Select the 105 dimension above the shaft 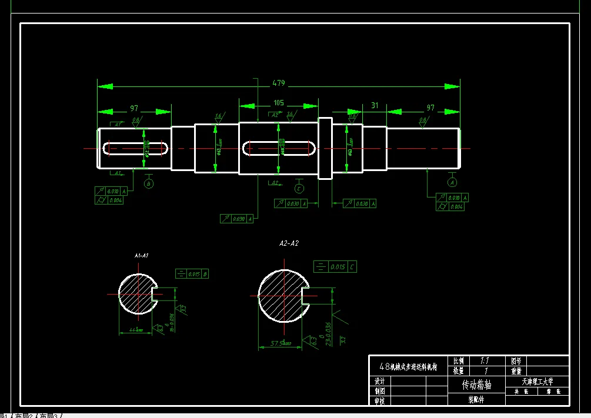pos(278,103)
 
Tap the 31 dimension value pos(375,105)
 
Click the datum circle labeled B pos(149,184)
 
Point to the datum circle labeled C pos(299,189)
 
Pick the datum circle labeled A pos(452,182)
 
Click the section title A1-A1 pos(141,256)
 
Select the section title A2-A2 pos(289,243)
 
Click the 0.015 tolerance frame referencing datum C pos(335,267)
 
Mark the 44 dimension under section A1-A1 pos(135,330)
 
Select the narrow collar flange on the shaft pos(325,148)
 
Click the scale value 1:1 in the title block pos(485,360)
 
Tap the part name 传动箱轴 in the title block pos(476,385)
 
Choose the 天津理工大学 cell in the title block pos(537,381)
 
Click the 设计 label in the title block pos(379,381)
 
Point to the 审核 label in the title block pos(379,401)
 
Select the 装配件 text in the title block pos(476,400)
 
